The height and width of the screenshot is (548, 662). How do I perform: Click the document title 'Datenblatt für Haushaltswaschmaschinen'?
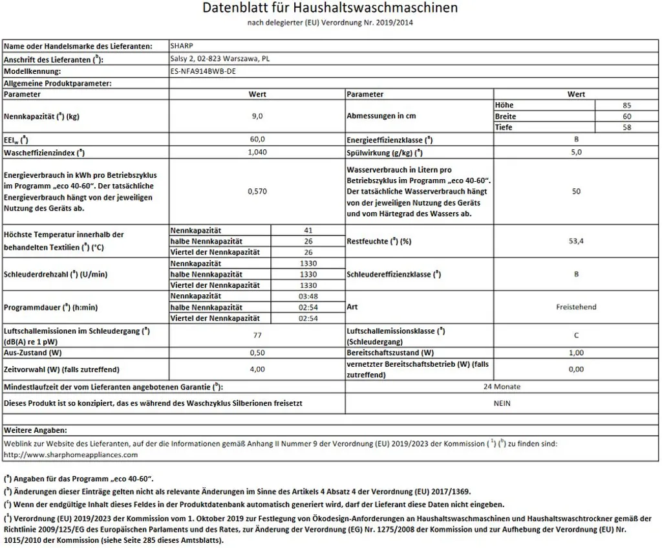tap(330, 8)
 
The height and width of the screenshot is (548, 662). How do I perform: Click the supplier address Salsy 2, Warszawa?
tap(219, 59)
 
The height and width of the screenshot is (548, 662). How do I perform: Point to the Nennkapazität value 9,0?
tap(257, 116)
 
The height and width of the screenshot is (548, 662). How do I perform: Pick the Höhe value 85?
tap(626, 105)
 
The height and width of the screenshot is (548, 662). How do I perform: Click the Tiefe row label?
tap(504, 127)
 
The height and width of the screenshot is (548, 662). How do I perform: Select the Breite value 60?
tap(626, 116)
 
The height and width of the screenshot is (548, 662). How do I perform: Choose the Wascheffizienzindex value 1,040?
tap(257, 153)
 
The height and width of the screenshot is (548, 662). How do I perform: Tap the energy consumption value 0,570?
tap(257, 192)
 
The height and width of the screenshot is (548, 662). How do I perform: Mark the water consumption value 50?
tap(576, 192)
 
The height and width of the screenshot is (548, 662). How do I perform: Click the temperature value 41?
tap(308, 230)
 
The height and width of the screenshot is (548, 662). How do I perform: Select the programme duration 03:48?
tap(308, 296)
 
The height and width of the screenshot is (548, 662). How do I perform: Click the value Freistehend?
tap(576, 307)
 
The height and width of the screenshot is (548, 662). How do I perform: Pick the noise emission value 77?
tap(257, 335)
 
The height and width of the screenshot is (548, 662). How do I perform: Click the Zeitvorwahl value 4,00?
tap(257, 369)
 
